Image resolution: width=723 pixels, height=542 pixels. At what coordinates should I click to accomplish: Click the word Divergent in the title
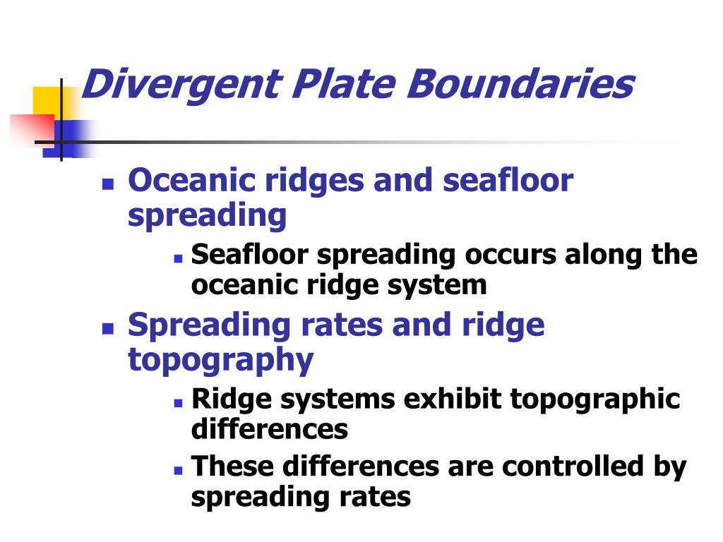point(181,85)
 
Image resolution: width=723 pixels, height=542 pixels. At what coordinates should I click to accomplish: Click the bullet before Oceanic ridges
point(108,184)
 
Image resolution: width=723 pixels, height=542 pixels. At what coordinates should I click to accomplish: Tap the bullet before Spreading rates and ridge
point(108,329)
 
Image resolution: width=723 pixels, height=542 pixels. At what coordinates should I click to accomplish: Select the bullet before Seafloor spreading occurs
point(179,259)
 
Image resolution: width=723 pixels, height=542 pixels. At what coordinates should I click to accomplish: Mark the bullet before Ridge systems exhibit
point(179,403)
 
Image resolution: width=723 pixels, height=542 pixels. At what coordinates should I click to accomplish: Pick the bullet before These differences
point(179,471)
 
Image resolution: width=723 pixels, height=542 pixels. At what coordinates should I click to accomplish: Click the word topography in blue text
point(221,361)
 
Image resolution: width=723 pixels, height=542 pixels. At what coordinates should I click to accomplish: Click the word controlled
point(573,466)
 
